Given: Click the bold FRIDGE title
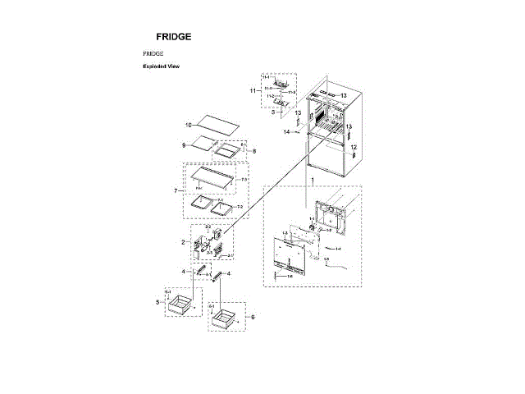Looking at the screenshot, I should click(x=175, y=37).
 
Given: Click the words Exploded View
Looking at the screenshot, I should click(x=161, y=66).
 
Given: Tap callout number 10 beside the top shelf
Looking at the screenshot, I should click(x=187, y=125).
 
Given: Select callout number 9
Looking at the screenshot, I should click(x=185, y=144).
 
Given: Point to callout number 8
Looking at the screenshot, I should click(x=253, y=152).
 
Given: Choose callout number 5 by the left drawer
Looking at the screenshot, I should click(x=157, y=302).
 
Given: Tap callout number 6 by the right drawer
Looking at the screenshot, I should click(x=253, y=316).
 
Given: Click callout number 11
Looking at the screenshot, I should click(x=253, y=90).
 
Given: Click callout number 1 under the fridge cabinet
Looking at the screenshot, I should click(x=310, y=178).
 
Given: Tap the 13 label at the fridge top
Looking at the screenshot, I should click(x=344, y=96).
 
